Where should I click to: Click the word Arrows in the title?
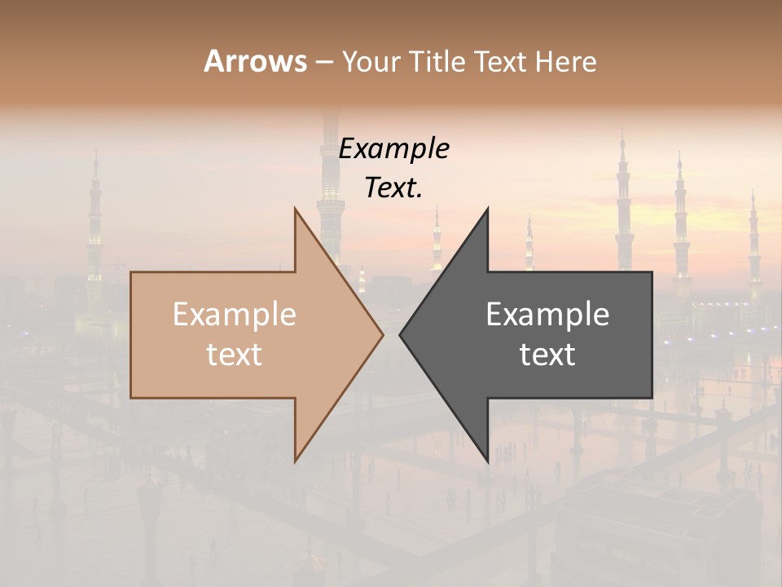click(x=255, y=61)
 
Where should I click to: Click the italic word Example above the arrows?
click(x=393, y=149)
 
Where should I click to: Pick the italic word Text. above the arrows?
click(x=393, y=188)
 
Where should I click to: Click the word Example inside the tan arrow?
click(x=234, y=315)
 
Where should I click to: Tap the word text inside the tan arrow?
click(x=234, y=355)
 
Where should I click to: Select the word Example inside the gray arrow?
click(x=547, y=315)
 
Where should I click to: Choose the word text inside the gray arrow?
click(x=547, y=355)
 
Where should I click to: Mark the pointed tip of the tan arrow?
click(x=383, y=334)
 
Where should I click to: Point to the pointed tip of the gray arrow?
click(x=400, y=334)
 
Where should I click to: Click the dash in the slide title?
click(x=323, y=62)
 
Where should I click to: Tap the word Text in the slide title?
click(x=498, y=62)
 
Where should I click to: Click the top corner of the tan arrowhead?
click(x=295, y=208)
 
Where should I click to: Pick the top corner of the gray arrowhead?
click(x=488, y=208)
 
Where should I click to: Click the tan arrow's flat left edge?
click(x=131, y=334)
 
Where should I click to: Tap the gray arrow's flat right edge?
click(x=652, y=334)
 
